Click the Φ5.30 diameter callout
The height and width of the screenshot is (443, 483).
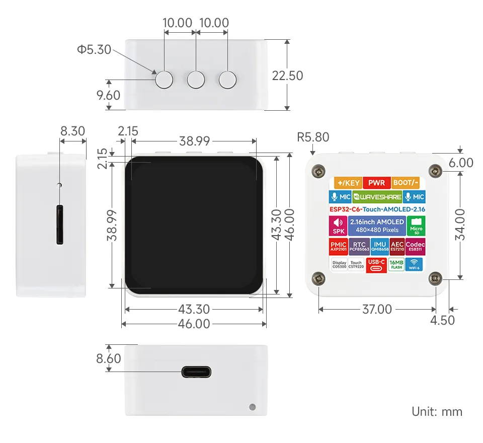point(94,50)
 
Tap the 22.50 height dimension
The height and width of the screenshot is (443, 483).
point(287,76)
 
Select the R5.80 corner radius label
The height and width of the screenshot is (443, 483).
point(313,137)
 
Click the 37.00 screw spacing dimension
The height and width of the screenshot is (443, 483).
point(377,309)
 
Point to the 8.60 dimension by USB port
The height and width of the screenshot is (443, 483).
point(109,358)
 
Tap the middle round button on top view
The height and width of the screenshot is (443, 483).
point(196,80)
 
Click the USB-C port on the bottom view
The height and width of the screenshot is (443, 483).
point(196,373)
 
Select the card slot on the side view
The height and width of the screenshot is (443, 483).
point(60,225)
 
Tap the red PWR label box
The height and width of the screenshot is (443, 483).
point(377,183)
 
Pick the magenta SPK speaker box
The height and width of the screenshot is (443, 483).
point(337,226)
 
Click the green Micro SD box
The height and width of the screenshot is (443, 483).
point(416,226)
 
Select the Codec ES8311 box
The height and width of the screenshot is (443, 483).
point(415,246)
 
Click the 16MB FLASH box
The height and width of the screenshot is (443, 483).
point(396,264)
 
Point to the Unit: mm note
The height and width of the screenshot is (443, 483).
point(437,411)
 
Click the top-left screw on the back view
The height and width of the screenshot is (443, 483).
point(318,172)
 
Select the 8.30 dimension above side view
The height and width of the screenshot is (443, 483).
point(72,131)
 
